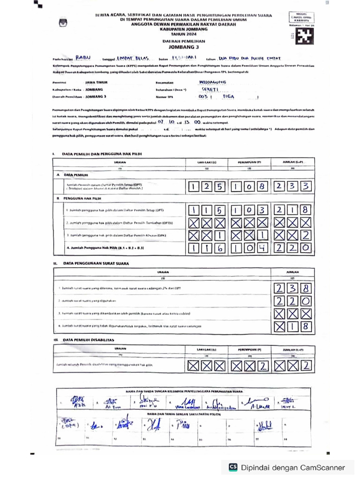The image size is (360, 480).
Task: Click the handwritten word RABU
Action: (x=84, y=58)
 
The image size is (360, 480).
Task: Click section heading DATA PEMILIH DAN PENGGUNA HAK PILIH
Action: (x=101, y=153)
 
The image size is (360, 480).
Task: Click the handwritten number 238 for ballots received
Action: (x=293, y=288)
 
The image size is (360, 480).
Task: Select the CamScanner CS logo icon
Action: (x=233, y=467)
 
